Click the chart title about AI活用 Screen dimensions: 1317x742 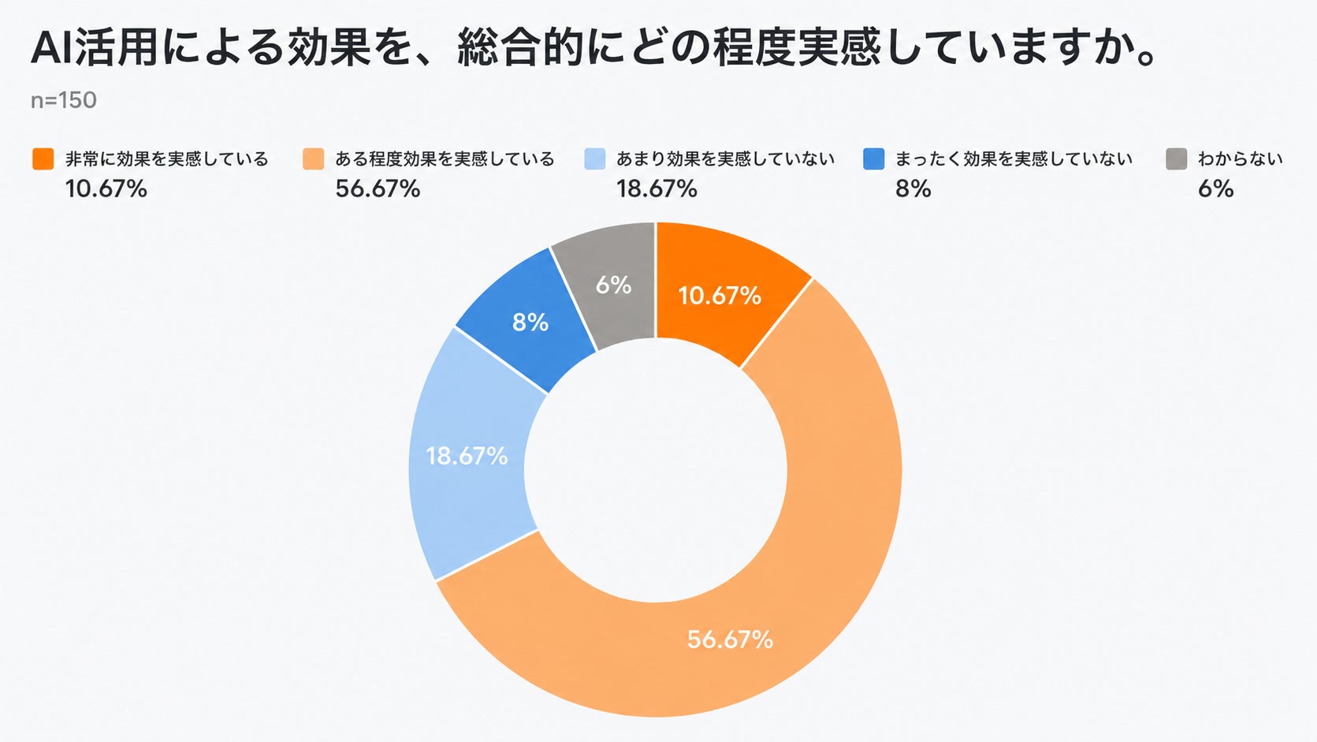point(593,48)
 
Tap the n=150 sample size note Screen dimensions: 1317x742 point(64,101)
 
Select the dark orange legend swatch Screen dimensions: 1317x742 point(43,158)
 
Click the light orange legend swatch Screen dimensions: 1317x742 point(314,158)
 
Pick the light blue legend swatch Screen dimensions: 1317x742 point(595,158)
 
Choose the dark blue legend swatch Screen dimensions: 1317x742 point(874,158)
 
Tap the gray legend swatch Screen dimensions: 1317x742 point(1177,158)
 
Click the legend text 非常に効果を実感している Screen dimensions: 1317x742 point(167,158)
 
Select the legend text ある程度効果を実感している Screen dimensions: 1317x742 point(445,158)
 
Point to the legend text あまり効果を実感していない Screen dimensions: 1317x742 point(726,158)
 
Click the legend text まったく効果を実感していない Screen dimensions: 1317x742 point(1014,158)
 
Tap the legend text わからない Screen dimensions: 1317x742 point(1241,158)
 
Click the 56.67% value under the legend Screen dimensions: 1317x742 point(378,189)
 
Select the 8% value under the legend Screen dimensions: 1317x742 point(913,189)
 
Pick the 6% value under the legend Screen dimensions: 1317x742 point(1216,189)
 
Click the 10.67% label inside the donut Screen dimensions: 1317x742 point(720,296)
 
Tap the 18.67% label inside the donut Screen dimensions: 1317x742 point(467,456)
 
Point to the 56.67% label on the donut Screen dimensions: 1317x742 point(731,639)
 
